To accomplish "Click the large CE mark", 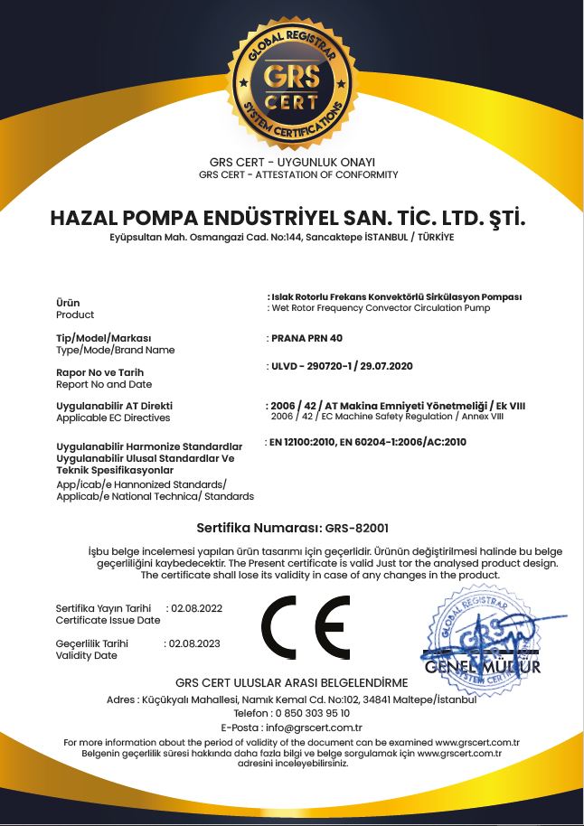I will pyautogui.click(x=306, y=627).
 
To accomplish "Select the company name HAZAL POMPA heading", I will pyautogui.click(x=288, y=219).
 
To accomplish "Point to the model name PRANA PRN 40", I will pyautogui.click(x=307, y=338).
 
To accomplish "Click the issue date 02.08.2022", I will pyautogui.click(x=196, y=608).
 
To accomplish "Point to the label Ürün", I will pyautogui.click(x=68, y=303).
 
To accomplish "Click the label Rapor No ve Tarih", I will pyautogui.click(x=99, y=372).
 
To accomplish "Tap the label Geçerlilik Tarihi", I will pyautogui.click(x=92, y=643).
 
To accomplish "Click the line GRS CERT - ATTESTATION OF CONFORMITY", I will pyautogui.click(x=297, y=174).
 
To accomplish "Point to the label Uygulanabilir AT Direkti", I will pyautogui.click(x=114, y=406).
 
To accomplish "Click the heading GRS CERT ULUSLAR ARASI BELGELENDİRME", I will pyautogui.click(x=291, y=682).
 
